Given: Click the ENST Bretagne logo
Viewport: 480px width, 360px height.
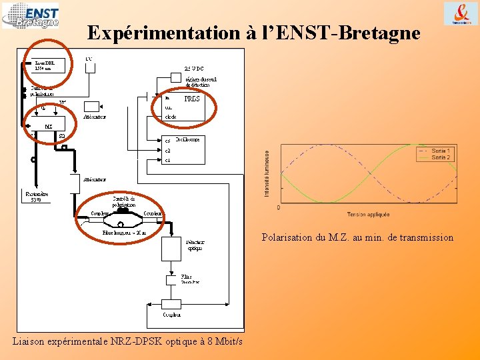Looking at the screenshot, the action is coord(31,15).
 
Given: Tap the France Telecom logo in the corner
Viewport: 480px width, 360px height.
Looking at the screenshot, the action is coord(461,14).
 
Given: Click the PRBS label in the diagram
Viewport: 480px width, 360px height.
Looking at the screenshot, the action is coord(192,99).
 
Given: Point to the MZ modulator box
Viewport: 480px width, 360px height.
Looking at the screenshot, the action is coord(48,125).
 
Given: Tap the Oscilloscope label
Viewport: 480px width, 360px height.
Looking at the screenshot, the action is coord(187,139).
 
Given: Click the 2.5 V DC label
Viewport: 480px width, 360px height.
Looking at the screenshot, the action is coord(193,68).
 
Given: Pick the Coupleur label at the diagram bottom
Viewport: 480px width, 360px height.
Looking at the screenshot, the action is coord(171,314).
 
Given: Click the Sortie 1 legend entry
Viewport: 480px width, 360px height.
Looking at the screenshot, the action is coord(441,151).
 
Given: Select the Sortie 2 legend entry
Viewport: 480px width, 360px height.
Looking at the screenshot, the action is coord(441,157).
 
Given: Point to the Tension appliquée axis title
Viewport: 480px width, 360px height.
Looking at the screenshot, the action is coord(368,215).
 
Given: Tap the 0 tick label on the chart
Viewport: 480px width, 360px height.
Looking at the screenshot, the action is coord(278,208).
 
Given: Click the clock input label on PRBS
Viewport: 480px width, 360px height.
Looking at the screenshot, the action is coord(171,117).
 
